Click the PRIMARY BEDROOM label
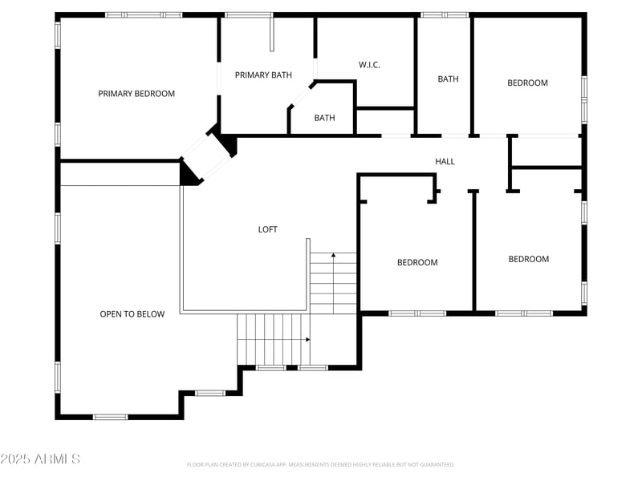pyautogui.click(x=136, y=94)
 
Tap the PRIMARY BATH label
pyautogui.click(x=263, y=75)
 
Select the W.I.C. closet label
pyautogui.click(x=368, y=65)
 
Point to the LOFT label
pyautogui.click(x=267, y=229)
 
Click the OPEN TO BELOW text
pyautogui.click(x=132, y=314)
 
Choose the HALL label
pyautogui.click(x=445, y=162)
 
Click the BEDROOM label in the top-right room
pyautogui.click(x=527, y=83)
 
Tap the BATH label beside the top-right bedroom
pyautogui.click(x=448, y=79)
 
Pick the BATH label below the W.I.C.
pyautogui.click(x=324, y=119)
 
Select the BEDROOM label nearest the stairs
pyautogui.click(x=417, y=263)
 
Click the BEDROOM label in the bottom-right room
pyautogui.click(x=529, y=260)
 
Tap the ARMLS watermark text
pyautogui.click(x=40, y=459)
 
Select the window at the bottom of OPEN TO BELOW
pyautogui.click(x=111, y=417)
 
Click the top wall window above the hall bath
pyautogui.click(x=445, y=14)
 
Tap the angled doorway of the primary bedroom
pyautogui.click(x=206, y=157)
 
